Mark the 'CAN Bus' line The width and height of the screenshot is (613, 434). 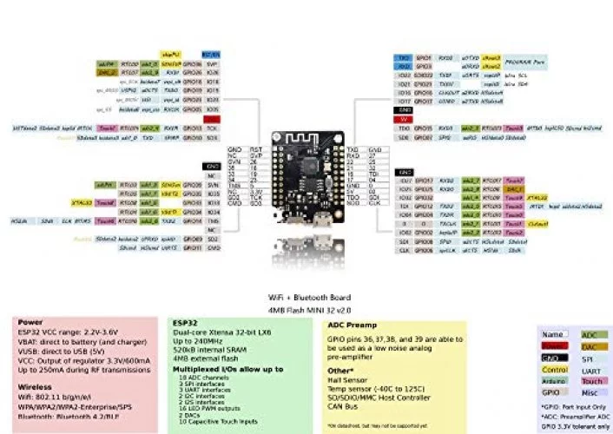(340, 406)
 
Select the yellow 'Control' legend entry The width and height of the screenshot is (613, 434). (555, 368)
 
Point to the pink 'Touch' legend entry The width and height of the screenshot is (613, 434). (590, 379)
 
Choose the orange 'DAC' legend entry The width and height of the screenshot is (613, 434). (590, 345)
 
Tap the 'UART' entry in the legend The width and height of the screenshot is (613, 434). (590, 368)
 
